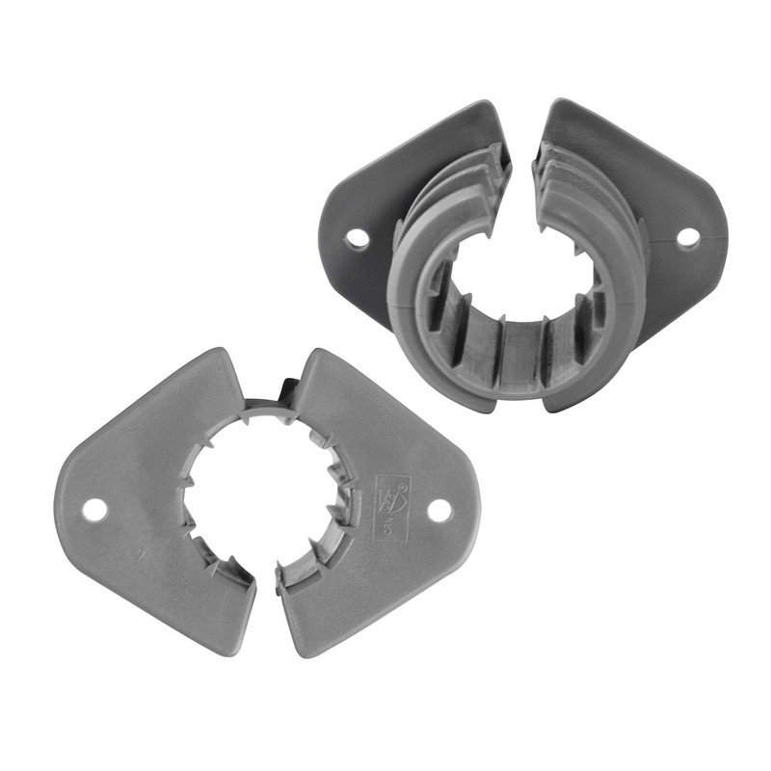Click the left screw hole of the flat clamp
(x=93, y=507)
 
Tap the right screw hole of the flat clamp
(x=439, y=511)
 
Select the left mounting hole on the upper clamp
(x=358, y=238)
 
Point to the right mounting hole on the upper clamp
(x=688, y=236)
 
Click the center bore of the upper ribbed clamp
(x=520, y=279)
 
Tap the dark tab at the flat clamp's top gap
(x=284, y=390)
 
